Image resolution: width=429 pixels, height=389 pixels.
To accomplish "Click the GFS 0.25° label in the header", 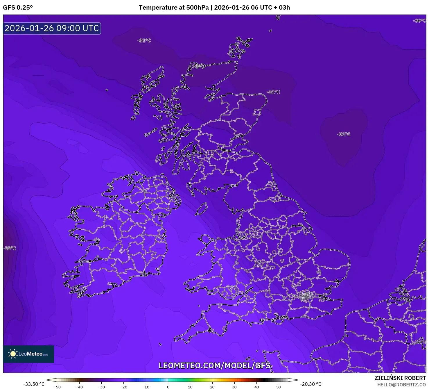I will coord(18,8).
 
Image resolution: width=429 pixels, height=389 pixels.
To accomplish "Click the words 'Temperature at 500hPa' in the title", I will coord(173,8).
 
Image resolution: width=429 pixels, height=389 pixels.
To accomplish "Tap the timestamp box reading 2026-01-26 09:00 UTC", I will coord(52,28).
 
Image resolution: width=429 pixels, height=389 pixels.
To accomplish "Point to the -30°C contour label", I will coord(419,21).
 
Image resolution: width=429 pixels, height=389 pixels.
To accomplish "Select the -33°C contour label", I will coord(10,248).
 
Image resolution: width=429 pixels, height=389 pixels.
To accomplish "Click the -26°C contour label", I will coord(420,342).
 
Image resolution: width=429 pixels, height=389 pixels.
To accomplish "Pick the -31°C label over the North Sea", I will coord(344,134).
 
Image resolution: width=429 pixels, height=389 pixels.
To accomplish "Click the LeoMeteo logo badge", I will coord(28,354).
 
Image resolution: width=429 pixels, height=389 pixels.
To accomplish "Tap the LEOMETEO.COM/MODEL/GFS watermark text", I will coord(214,365).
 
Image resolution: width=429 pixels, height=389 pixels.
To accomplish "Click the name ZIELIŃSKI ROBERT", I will coord(400,378).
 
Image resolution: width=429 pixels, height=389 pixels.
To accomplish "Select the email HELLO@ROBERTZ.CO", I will coord(401,385).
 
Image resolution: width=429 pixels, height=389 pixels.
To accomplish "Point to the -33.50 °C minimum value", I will coord(34,384).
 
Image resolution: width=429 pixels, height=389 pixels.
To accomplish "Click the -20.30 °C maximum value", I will coord(310,384).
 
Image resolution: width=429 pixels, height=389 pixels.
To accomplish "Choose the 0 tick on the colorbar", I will coord(168,387).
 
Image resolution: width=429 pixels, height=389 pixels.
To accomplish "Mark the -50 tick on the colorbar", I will coord(57,387).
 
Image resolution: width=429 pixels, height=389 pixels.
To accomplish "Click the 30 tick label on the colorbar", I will coord(234,387).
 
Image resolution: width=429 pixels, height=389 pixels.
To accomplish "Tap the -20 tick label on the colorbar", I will coord(123,387).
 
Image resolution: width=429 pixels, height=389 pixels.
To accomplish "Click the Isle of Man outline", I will coord(201,209).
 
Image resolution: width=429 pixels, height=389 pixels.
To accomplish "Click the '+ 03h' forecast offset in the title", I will coord(282,8).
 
